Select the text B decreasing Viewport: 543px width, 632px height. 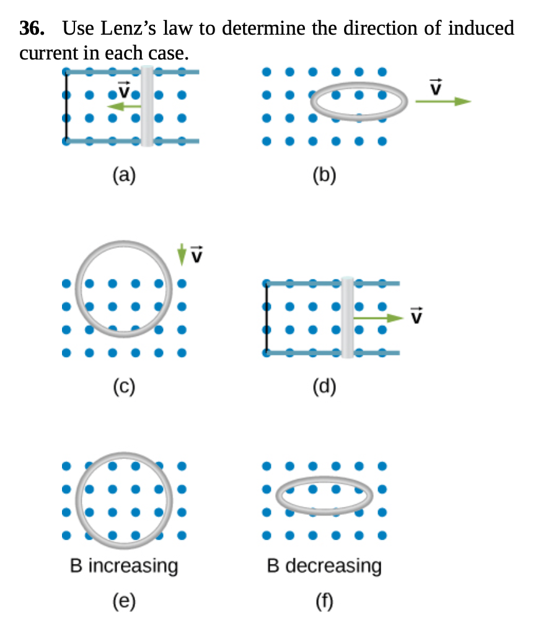324,566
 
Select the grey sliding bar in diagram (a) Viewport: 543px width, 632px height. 147,105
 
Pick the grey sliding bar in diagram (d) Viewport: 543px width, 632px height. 347,317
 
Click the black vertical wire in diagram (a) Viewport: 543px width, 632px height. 66,107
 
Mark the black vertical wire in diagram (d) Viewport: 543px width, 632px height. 267,317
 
